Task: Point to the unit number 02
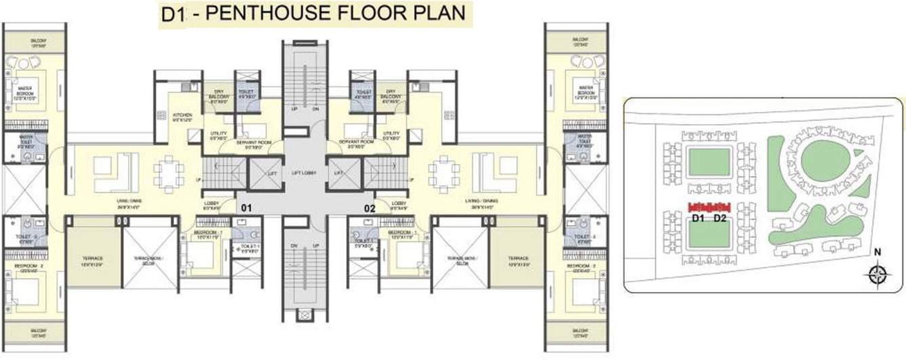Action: (370, 208)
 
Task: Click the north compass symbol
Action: (878, 274)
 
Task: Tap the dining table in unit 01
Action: (167, 173)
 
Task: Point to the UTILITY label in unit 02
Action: (391, 135)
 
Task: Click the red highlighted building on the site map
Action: (708, 206)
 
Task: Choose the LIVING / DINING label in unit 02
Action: (467, 201)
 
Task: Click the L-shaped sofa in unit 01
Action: (116, 172)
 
